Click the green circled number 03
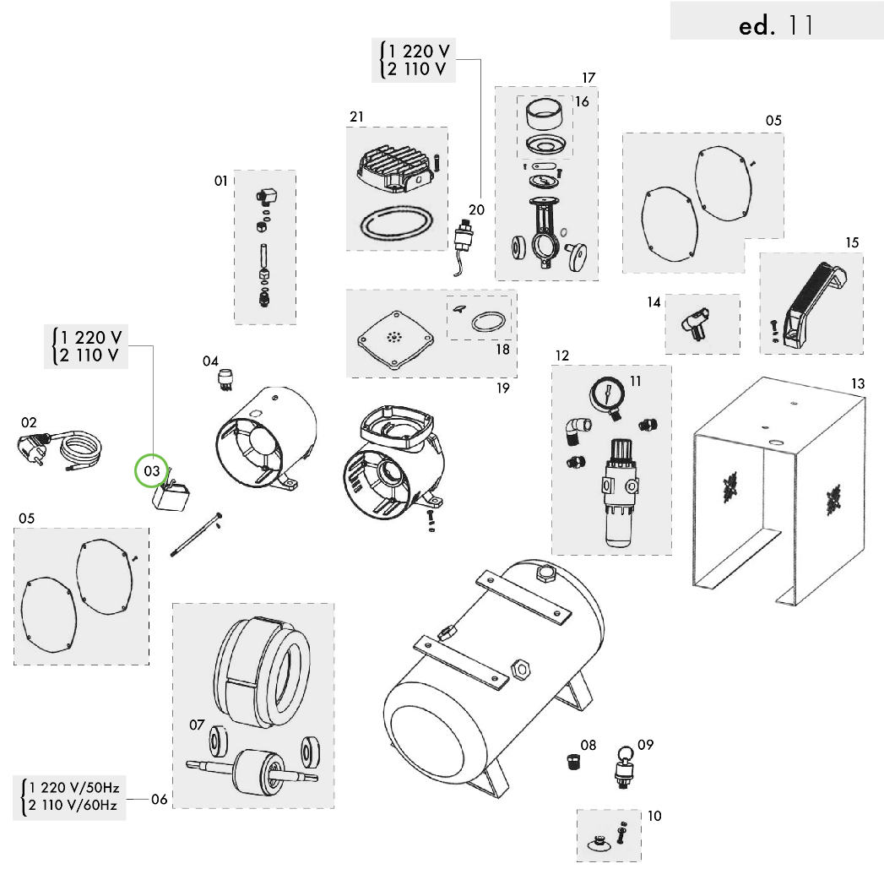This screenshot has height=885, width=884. pyautogui.click(x=152, y=470)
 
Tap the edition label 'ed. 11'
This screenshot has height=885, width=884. pyautogui.click(x=775, y=25)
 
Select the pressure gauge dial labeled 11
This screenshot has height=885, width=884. pyautogui.click(x=608, y=394)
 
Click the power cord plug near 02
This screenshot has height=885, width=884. pyautogui.click(x=34, y=447)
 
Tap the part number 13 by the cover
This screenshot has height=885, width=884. pyautogui.click(x=857, y=384)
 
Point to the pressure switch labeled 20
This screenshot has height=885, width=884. pyautogui.click(x=463, y=236)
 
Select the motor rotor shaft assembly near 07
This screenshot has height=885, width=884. pyautogui.click(x=252, y=768)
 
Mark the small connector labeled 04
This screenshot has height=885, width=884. pyautogui.click(x=225, y=377)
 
